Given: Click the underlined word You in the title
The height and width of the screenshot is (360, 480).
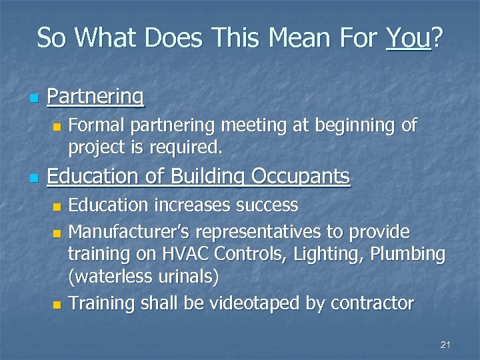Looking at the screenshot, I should click(408, 38).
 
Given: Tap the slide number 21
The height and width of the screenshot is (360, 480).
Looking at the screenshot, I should click(446, 345).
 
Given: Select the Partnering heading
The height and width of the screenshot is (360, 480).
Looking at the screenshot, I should click(95, 97).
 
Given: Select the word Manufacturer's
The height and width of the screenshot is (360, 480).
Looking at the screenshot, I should click(125, 231).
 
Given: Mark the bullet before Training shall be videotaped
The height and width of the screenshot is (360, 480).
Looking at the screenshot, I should click(57, 305).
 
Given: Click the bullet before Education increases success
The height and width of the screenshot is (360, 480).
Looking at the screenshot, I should click(57, 206).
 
